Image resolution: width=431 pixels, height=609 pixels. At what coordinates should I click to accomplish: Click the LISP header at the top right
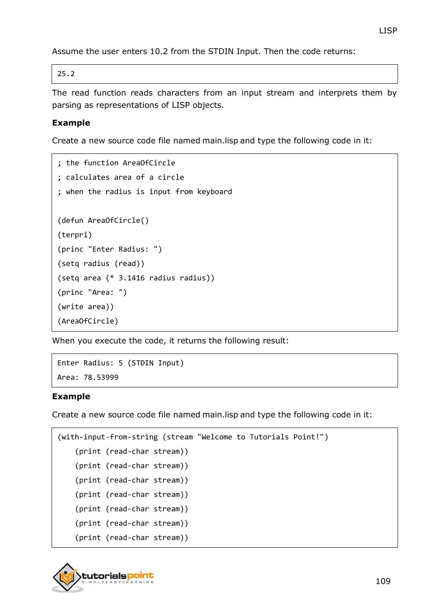coord(387,31)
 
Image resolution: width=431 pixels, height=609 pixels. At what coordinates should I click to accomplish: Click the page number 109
coord(383,581)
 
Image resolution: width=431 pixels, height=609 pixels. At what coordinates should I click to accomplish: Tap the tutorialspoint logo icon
coord(67,577)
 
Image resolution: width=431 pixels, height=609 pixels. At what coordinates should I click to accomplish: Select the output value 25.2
coord(66,74)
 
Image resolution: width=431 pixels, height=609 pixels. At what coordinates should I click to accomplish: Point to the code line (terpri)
coord(75,235)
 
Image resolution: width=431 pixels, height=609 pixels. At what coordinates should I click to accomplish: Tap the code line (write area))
coord(86,307)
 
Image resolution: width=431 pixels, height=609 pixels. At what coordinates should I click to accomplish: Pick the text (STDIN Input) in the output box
coord(156,363)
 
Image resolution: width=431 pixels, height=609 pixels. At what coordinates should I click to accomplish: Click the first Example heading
coord(71,123)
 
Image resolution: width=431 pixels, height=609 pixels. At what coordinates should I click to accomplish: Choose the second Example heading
coord(71,397)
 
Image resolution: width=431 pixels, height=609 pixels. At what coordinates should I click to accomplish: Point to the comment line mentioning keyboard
coord(145,192)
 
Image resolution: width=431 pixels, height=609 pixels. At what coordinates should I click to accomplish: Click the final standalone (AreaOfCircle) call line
coord(88,321)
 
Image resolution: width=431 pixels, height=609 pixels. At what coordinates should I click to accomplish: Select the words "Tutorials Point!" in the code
coord(287,437)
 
